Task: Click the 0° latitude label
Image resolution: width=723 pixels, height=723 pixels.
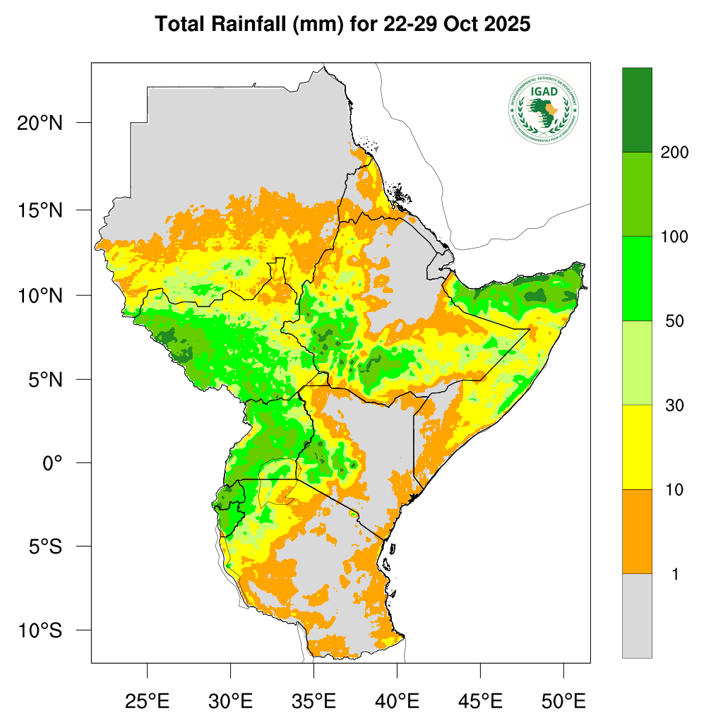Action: (x=53, y=463)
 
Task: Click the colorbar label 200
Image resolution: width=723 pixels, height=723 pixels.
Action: (x=674, y=153)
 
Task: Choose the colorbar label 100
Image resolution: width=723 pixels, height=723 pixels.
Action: (x=674, y=237)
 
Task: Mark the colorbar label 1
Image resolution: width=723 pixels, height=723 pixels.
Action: (x=675, y=575)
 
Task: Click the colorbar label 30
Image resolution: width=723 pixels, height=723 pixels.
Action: (x=674, y=405)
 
